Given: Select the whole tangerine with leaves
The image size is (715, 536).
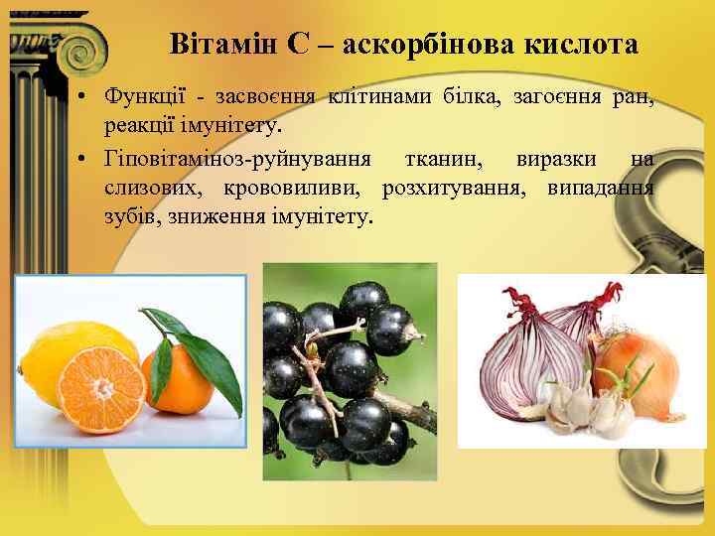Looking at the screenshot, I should (x=184, y=372).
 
